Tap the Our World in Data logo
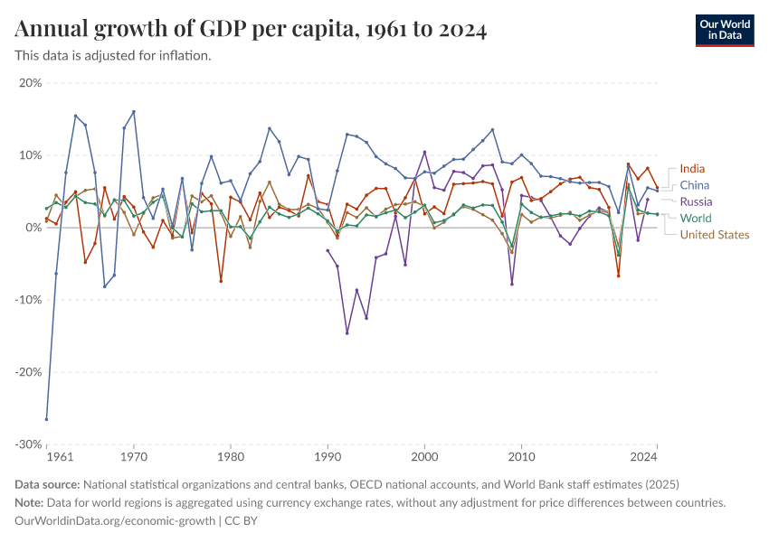[x=724, y=30]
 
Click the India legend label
[x=692, y=169]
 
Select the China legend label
[x=694, y=185]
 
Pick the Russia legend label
[x=696, y=201]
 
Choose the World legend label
[x=696, y=218]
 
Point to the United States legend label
[x=715, y=235]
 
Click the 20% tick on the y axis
[x=30, y=83]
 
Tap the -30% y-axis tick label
[x=28, y=444]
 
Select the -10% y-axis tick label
[x=28, y=300]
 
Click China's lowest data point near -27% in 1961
[x=47, y=419]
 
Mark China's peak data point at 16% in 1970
[x=134, y=112]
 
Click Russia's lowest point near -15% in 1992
[x=347, y=333]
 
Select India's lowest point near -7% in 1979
[x=221, y=281]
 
